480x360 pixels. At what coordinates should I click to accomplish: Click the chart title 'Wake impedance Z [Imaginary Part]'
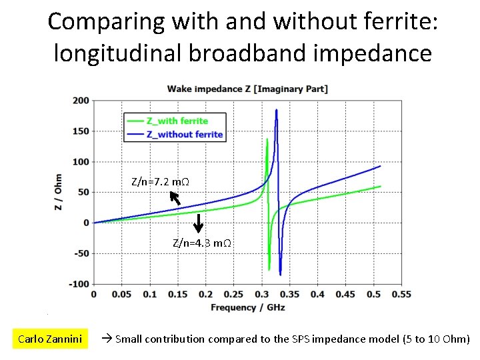pyautogui.click(x=247, y=89)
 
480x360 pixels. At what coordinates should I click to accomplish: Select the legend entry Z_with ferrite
pyautogui.click(x=177, y=121)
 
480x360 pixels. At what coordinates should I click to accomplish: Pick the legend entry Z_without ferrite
pyautogui.click(x=185, y=134)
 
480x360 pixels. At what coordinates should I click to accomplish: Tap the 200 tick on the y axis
pyautogui.click(x=81, y=101)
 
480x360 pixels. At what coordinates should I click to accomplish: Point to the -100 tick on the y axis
pyautogui.click(x=79, y=284)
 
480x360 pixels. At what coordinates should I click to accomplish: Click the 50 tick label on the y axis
pyautogui.click(x=83, y=192)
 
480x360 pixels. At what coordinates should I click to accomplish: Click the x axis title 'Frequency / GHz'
pyautogui.click(x=247, y=307)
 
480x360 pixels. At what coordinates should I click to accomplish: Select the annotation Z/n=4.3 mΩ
pyautogui.click(x=202, y=243)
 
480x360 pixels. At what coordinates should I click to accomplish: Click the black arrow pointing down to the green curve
pyautogui.click(x=198, y=223)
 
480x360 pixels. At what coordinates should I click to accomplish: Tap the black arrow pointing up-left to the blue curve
pyautogui.click(x=175, y=197)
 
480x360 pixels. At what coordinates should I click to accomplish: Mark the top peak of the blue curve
pyautogui.click(x=276, y=110)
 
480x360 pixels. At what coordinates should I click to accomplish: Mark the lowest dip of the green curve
pyautogui.click(x=269, y=269)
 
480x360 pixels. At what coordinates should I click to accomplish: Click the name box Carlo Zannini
pyautogui.click(x=50, y=339)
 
